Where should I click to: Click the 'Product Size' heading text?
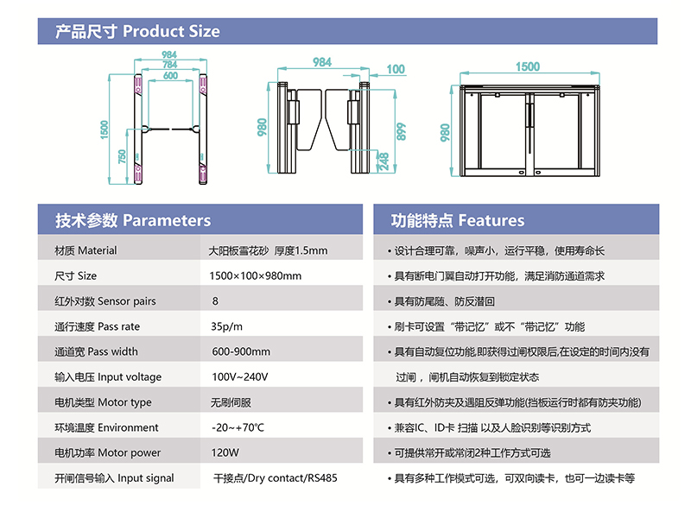click(x=171, y=31)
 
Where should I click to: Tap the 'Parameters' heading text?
click(x=167, y=220)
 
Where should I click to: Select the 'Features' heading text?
click(x=491, y=220)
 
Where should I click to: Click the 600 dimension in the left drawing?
click(x=170, y=75)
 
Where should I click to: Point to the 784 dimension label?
click(x=169, y=65)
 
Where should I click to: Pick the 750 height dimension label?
click(x=122, y=156)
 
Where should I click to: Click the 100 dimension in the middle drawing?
click(x=396, y=69)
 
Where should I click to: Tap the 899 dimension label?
click(x=401, y=132)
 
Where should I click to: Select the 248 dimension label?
click(x=384, y=161)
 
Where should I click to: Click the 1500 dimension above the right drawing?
click(x=528, y=67)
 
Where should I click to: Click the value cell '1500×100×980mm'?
click(x=255, y=276)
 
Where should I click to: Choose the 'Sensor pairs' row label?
click(x=126, y=301)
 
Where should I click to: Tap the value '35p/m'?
click(x=226, y=327)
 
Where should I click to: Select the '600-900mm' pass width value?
click(x=241, y=352)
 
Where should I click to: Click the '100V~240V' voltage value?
click(x=240, y=377)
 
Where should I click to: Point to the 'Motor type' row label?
click(x=124, y=402)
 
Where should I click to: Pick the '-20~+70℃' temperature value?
click(x=238, y=427)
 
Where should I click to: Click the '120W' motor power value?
click(x=225, y=452)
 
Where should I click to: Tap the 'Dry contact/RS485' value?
click(x=292, y=478)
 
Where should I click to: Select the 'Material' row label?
click(x=98, y=250)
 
